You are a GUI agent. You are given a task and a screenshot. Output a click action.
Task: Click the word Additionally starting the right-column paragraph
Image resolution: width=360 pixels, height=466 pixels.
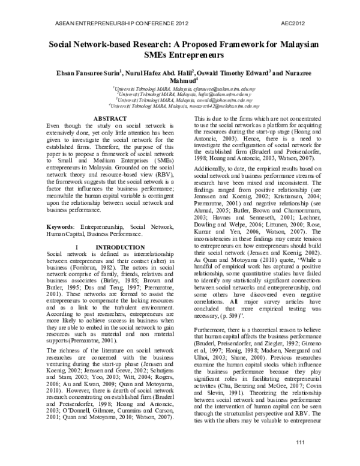pos(211,170)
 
